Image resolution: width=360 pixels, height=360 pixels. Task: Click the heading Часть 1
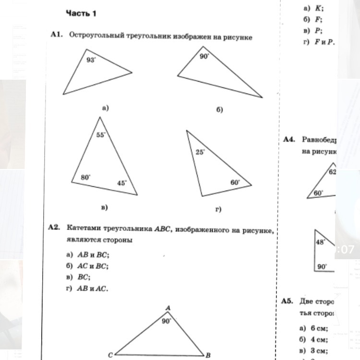click(81, 13)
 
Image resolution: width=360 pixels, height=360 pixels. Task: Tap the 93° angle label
click(91, 60)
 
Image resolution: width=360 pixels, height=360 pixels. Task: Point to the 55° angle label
click(101, 135)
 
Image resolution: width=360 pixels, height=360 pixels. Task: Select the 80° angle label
click(85, 177)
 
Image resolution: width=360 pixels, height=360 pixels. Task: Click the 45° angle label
click(122, 182)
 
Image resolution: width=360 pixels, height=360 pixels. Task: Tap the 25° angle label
click(200, 152)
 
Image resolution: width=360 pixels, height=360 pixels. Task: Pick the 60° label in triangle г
click(235, 182)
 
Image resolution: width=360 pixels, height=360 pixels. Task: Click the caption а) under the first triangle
click(106, 108)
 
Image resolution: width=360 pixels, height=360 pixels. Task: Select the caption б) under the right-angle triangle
click(219, 110)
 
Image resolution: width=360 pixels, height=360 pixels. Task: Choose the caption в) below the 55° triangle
click(104, 207)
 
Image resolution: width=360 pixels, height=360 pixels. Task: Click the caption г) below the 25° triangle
click(218, 209)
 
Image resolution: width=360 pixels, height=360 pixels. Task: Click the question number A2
click(54, 227)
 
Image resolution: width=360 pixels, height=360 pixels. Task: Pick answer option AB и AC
click(93, 288)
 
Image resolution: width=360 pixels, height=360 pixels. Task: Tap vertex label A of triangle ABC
click(168, 308)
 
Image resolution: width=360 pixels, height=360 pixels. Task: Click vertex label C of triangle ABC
click(110, 355)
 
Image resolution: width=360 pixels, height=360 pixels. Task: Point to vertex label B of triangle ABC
click(208, 355)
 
